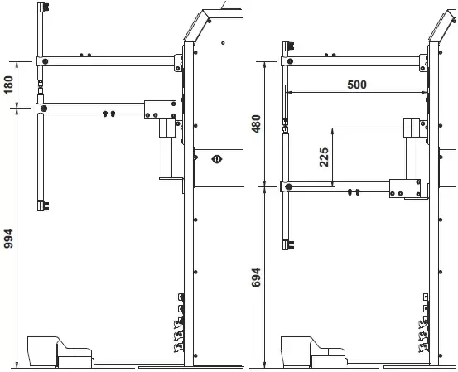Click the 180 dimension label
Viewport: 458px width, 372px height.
[x=9, y=85]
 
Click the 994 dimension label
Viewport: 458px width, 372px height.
[x=9, y=239]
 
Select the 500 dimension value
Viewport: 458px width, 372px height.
[x=357, y=85]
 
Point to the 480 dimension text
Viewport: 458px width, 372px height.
[x=256, y=124]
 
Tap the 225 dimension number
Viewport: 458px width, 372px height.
[x=324, y=157]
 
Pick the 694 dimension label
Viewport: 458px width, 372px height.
[x=256, y=278]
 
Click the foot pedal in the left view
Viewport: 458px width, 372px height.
[x=60, y=352]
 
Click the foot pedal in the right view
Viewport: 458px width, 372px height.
[x=314, y=352]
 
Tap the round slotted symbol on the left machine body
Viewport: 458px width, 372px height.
[x=217, y=159]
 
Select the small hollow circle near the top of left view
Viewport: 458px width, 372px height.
[x=223, y=43]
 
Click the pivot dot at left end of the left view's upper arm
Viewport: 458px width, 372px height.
[x=45, y=61]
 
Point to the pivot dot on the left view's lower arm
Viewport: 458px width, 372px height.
[x=44, y=109]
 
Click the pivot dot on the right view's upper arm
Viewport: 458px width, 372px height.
[x=290, y=61]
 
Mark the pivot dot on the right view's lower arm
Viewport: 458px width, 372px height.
[x=288, y=186]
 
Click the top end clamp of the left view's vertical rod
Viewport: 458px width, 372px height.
[x=43, y=7]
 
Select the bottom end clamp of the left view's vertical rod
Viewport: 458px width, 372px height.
[x=43, y=206]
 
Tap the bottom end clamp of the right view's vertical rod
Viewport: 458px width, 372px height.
[x=288, y=244]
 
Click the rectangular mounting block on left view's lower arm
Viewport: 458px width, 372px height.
[x=160, y=109]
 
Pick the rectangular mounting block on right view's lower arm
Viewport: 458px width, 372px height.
[x=405, y=188]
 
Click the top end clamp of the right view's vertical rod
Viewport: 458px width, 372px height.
[x=288, y=46]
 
